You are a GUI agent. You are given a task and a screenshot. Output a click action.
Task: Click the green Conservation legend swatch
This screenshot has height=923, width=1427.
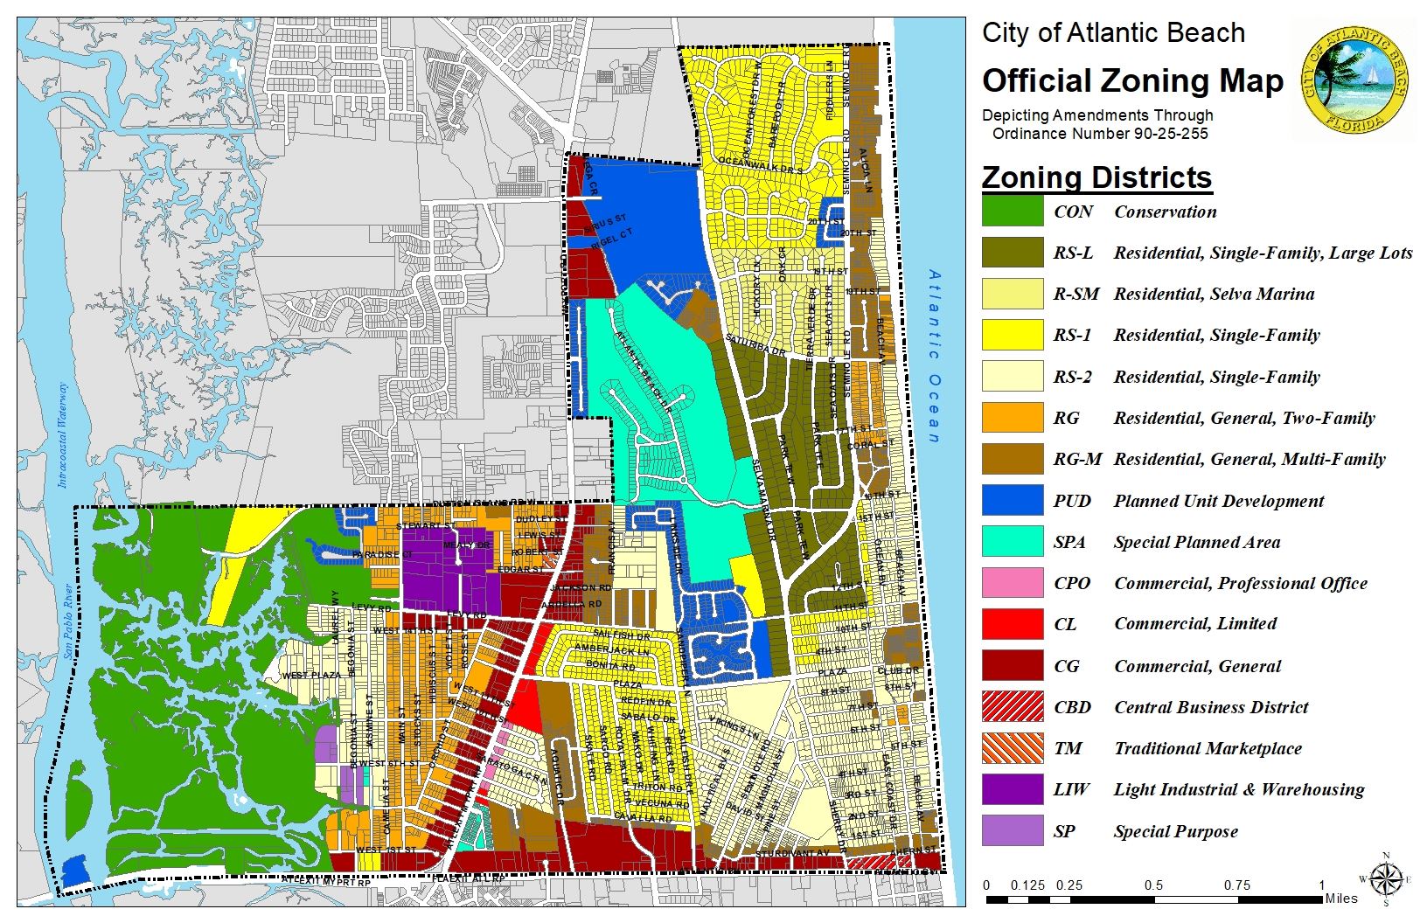1012,212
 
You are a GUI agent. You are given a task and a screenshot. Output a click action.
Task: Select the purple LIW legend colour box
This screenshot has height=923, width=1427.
1012,789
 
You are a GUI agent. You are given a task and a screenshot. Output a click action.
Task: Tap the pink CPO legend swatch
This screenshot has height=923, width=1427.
1012,583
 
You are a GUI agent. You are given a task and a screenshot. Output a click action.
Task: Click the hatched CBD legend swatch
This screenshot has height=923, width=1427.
1012,707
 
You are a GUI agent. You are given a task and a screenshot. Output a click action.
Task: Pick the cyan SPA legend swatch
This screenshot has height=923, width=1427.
1012,542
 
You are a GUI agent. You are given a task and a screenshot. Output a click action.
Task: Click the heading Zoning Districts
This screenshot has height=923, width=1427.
1096,177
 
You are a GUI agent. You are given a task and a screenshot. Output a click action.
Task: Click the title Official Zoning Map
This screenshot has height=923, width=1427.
1132,81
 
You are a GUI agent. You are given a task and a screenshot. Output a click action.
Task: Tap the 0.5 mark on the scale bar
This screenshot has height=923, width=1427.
1154,885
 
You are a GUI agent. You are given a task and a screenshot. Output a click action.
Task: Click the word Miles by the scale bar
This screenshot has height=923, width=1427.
1341,899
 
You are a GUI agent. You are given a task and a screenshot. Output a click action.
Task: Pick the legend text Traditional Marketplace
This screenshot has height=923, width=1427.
1208,748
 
